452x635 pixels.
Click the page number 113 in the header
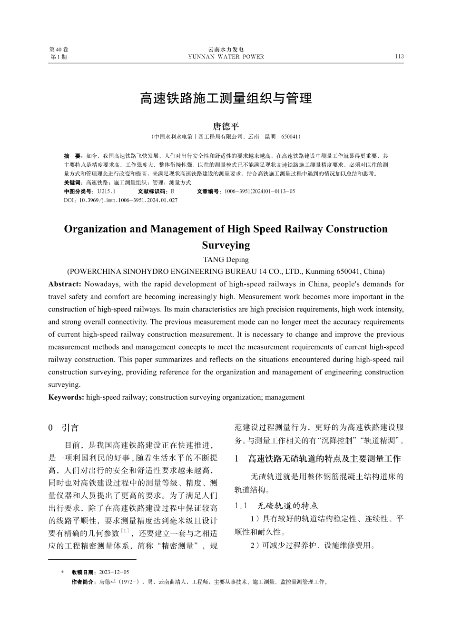pyautogui.click(x=399, y=56)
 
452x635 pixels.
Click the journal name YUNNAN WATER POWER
pyautogui.click(x=226, y=57)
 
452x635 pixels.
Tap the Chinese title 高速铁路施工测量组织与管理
pyautogui.click(x=226, y=98)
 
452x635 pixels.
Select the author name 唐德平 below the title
pyautogui.click(x=226, y=126)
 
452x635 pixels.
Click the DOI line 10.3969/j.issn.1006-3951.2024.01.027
pyautogui.click(x=128, y=200)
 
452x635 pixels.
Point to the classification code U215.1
pyautogui.click(x=106, y=191)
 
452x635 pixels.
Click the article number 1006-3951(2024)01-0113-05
pyautogui.click(x=259, y=191)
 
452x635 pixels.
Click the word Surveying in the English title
pyautogui.click(x=226, y=245)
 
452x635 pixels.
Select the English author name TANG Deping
pyautogui.click(x=226, y=260)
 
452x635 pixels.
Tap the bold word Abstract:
pyautogui.click(x=65, y=284)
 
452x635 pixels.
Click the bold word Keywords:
pyautogui.click(x=66, y=397)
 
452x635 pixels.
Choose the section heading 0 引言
pyautogui.click(x=64, y=427)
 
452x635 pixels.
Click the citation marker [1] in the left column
pyautogui.click(x=125, y=531)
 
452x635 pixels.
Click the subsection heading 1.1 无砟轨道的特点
pyautogui.click(x=276, y=505)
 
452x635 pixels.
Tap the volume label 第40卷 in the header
pyautogui.click(x=59, y=50)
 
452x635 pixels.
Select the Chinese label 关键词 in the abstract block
pyautogui.click(x=72, y=182)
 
